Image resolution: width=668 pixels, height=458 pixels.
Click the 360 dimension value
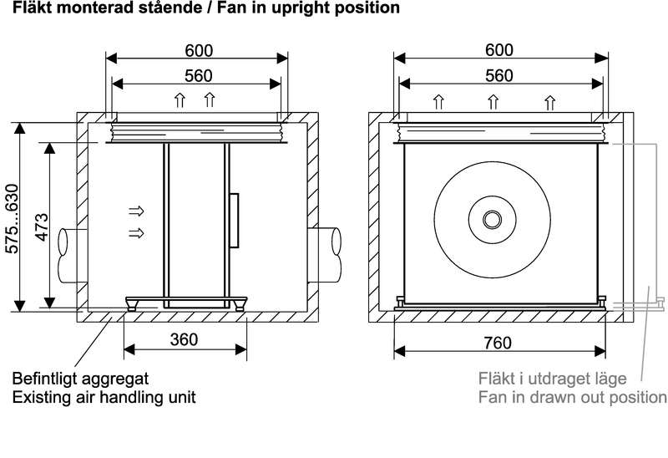(184, 339)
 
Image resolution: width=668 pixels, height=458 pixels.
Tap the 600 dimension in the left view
(198, 49)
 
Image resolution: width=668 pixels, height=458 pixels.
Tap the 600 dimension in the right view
(498, 49)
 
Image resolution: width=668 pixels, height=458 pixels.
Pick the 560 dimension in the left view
(198, 75)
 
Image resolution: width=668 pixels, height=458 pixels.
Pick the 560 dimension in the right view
(498, 75)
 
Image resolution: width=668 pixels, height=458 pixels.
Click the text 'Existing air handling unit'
(104, 396)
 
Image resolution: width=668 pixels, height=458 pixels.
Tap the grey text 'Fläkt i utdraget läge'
(554, 378)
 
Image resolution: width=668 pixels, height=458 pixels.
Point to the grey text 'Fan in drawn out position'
(572, 396)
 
